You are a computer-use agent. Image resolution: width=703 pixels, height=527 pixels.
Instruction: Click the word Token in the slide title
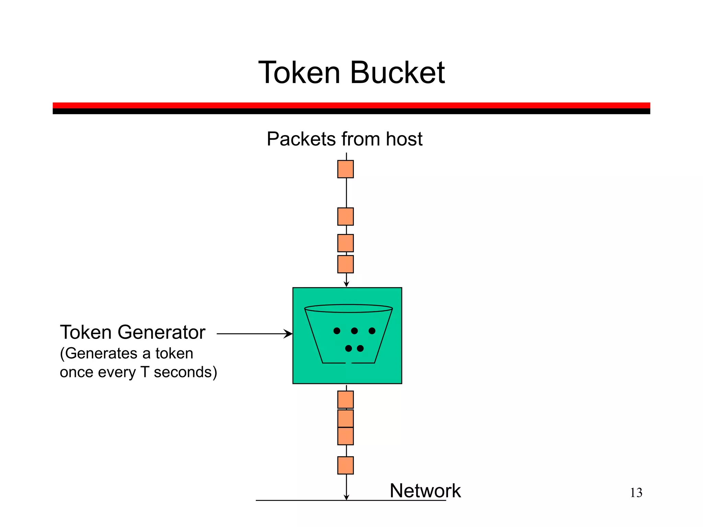(x=299, y=73)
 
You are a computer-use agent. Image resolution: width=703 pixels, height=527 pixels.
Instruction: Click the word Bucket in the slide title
(x=397, y=73)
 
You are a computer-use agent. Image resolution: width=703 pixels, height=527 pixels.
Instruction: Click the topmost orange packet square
(x=345, y=169)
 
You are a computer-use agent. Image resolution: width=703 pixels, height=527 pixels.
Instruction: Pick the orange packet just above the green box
(x=345, y=264)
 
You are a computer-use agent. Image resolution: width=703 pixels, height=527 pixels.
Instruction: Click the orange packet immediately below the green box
(x=345, y=400)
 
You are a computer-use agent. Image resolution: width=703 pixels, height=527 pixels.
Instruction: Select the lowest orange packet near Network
(x=345, y=465)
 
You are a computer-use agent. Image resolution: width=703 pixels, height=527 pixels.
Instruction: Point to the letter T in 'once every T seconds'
(x=145, y=372)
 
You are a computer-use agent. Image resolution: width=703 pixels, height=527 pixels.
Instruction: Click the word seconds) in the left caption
(x=185, y=372)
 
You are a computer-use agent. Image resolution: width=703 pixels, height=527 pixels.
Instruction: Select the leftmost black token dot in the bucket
(x=337, y=331)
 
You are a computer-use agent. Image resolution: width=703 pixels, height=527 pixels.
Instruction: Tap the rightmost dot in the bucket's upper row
(x=372, y=331)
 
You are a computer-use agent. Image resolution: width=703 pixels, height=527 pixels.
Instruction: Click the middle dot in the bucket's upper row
(x=354, y=331)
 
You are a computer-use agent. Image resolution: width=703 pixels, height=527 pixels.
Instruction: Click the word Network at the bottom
(x=425, y=491)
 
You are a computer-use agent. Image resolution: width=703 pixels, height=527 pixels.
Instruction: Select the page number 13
(x=636, y=493)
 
